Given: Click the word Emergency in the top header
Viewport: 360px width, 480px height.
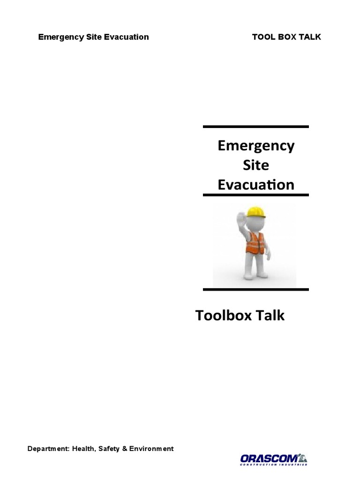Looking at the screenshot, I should click(59, 37).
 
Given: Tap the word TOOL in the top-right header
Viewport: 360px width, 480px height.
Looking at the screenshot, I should click(263, 37).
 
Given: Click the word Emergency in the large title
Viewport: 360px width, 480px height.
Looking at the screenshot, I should click(256, 146).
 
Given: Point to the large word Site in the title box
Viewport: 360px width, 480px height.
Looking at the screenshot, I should click(256, 165).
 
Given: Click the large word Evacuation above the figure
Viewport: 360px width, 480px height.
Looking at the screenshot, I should click(256, 185).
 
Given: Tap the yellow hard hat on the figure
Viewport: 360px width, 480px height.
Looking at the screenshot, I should click(256, 211).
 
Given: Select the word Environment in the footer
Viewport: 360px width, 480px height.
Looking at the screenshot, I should click(151, 449).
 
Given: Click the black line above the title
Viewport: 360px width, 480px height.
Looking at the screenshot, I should click(256, 127).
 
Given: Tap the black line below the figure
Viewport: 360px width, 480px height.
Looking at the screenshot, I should click(256, 289).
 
